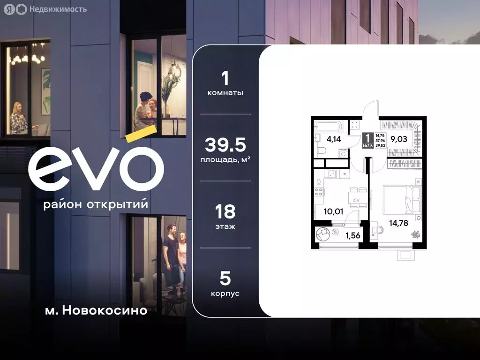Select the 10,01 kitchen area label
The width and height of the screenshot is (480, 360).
[333, 211]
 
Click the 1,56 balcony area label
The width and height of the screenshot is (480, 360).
[352, 235]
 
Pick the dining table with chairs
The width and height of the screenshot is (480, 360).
[355, 197]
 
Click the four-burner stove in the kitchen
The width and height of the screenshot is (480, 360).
[318, 191]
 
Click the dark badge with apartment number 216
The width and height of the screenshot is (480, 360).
[367, 140]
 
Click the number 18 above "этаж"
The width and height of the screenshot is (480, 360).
[225, 212]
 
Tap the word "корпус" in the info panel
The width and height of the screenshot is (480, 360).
[225, 293]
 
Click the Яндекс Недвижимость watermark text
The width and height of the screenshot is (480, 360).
[57, 9]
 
